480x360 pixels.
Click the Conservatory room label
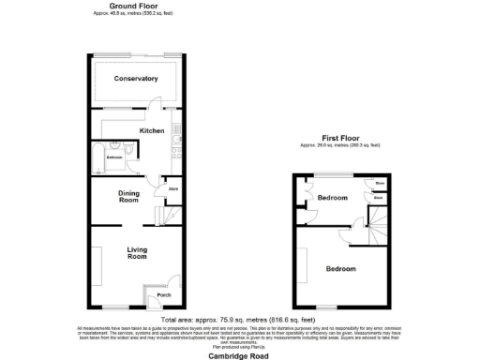136,79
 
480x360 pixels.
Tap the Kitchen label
152,130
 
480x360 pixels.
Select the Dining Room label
128,197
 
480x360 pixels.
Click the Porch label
164,296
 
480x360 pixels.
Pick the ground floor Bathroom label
114,157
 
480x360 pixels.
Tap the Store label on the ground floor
172,190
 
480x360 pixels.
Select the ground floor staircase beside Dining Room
167,217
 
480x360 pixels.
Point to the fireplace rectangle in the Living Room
93,259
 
